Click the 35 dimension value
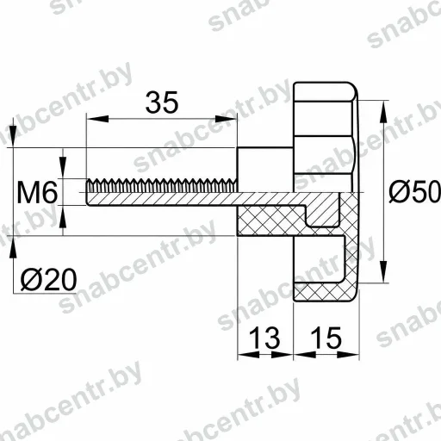pyautogui.click(x=162, y=102)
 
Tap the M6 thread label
pyautogui.click(x=37, y=193)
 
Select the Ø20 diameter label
pyautogui.click(x=49, y=279)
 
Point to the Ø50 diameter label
pyautogui.click(x=414, y=191)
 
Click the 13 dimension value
pyautogui.click(x=264, y=338)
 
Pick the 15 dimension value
pyautogui.click(x=326, y=338)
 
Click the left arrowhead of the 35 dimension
pyautogui.click(x=97, y=119)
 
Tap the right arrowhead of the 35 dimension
pyautogui.click(x=226, y=119)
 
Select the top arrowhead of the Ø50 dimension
pyautogui.click(x=384, y=112)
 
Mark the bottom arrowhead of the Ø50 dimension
pyautogui.click(x=384, y=271)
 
